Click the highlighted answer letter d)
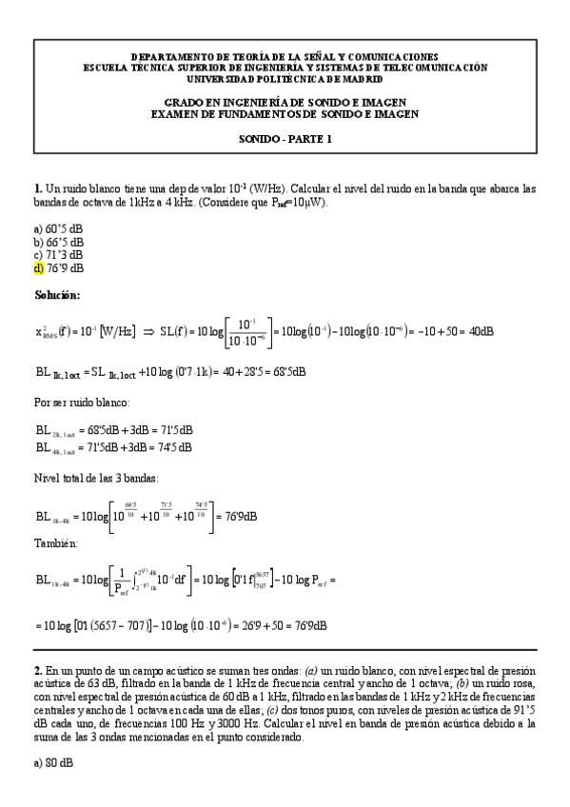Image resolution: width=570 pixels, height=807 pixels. [38, 268]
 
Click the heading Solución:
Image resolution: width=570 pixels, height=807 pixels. [57, 295]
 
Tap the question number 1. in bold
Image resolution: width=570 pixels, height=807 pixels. [37, 189]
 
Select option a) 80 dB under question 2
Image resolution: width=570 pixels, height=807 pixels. [53, 764]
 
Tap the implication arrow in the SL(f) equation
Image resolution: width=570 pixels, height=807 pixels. [148, 332]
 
